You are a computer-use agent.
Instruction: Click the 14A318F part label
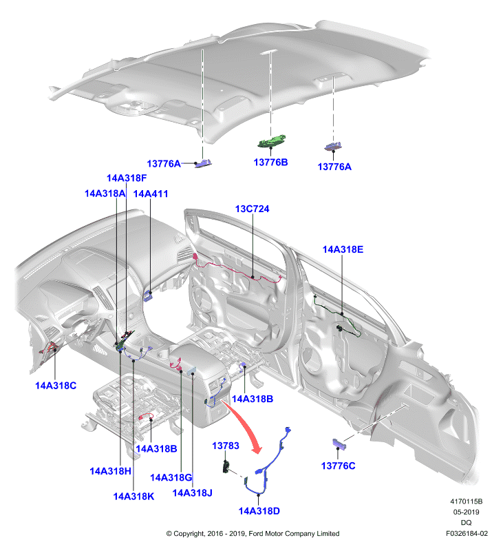coord(127,178)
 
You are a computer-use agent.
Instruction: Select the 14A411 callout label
coord(151,194)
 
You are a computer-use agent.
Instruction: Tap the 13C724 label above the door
coord(252,209)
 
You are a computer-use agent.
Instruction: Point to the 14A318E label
coord(343,249)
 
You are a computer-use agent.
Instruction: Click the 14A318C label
coord(56,386)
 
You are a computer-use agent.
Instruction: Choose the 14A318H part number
coord(110,471)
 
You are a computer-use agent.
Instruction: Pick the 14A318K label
coord(133,496)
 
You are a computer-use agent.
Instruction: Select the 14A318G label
coord(171,477)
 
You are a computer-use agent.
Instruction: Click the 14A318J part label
coord(193,493)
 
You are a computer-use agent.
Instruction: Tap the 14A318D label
coord(259,511)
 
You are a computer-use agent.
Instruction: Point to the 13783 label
coord(225,446)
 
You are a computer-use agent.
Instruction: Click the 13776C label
coord(338,466)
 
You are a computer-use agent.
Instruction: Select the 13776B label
coord(270,163)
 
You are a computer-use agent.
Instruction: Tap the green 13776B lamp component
coord(272,141)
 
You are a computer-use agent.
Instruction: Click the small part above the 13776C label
coord(339,444)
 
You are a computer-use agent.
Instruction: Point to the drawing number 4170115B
coord(466,501)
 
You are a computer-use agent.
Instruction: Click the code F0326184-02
coord(467,533)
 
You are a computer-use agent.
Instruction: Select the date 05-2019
coord(466,512)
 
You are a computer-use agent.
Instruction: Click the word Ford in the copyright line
coord(256,533)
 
